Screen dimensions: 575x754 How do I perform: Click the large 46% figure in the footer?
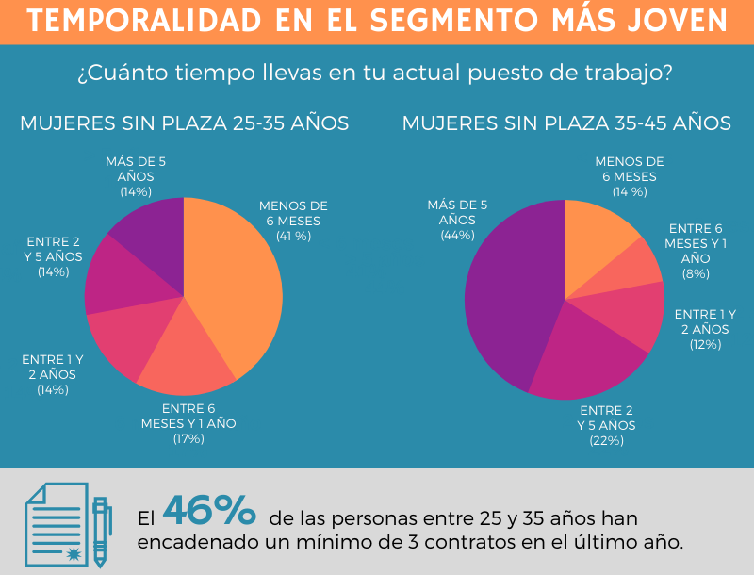click(x=209, y=510)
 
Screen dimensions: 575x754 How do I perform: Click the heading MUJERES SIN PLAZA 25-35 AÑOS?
click(x=185, y=123)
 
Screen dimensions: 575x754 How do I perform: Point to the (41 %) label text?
click(x=293, y=237)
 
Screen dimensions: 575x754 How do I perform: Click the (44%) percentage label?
click(x=457, y=235)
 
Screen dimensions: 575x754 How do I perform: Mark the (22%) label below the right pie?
click(x=607, y=440)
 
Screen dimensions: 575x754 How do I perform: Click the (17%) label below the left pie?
click(x=188, y=438)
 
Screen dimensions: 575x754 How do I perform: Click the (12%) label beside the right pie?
click(x=705, y=344)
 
